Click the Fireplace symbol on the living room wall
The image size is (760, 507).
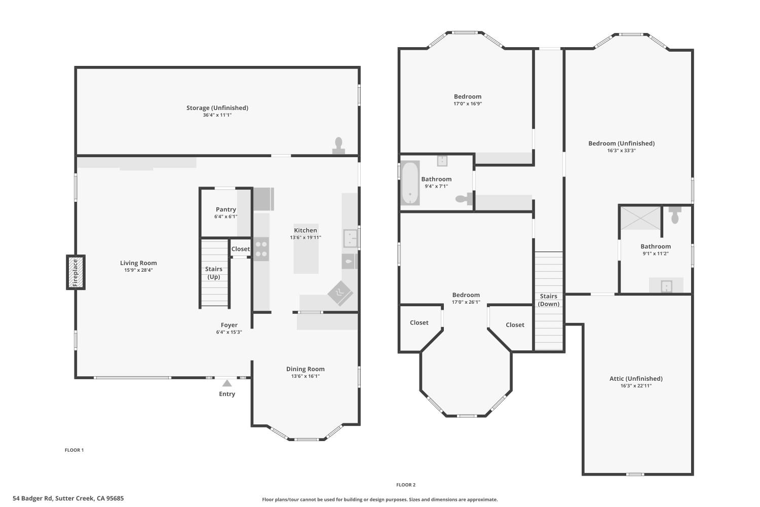(75, 272)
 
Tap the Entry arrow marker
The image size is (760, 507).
(227, 383)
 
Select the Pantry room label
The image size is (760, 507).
(225, 209)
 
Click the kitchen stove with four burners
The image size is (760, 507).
(261, 249)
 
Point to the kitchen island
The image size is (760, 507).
(306, 248)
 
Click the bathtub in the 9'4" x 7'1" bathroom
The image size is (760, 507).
(410, 183)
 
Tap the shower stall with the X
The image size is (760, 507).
(640, 218)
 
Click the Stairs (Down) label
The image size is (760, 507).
(549, 300)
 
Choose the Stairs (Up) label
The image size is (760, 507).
(214, 273)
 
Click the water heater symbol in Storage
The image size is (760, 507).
(338, 146)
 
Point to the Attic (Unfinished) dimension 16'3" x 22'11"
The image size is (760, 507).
(636, 386)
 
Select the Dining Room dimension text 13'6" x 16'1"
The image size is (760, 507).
(306, 376)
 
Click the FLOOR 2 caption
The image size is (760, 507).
(406, 485)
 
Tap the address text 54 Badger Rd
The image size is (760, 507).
(32, 498)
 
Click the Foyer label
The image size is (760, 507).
(229, 325)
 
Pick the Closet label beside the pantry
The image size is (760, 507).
(241, 249)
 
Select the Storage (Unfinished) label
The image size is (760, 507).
(217, 107)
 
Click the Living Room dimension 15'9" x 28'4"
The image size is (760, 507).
(138, 270)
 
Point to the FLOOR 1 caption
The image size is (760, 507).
(74, 450)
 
